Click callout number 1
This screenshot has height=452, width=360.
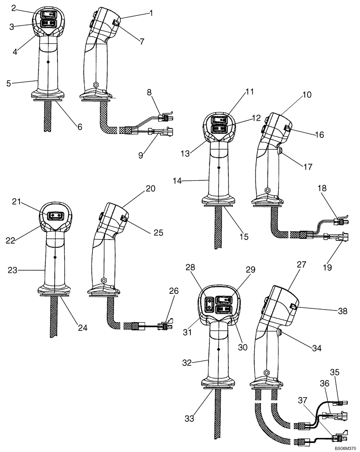pos(151,13)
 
